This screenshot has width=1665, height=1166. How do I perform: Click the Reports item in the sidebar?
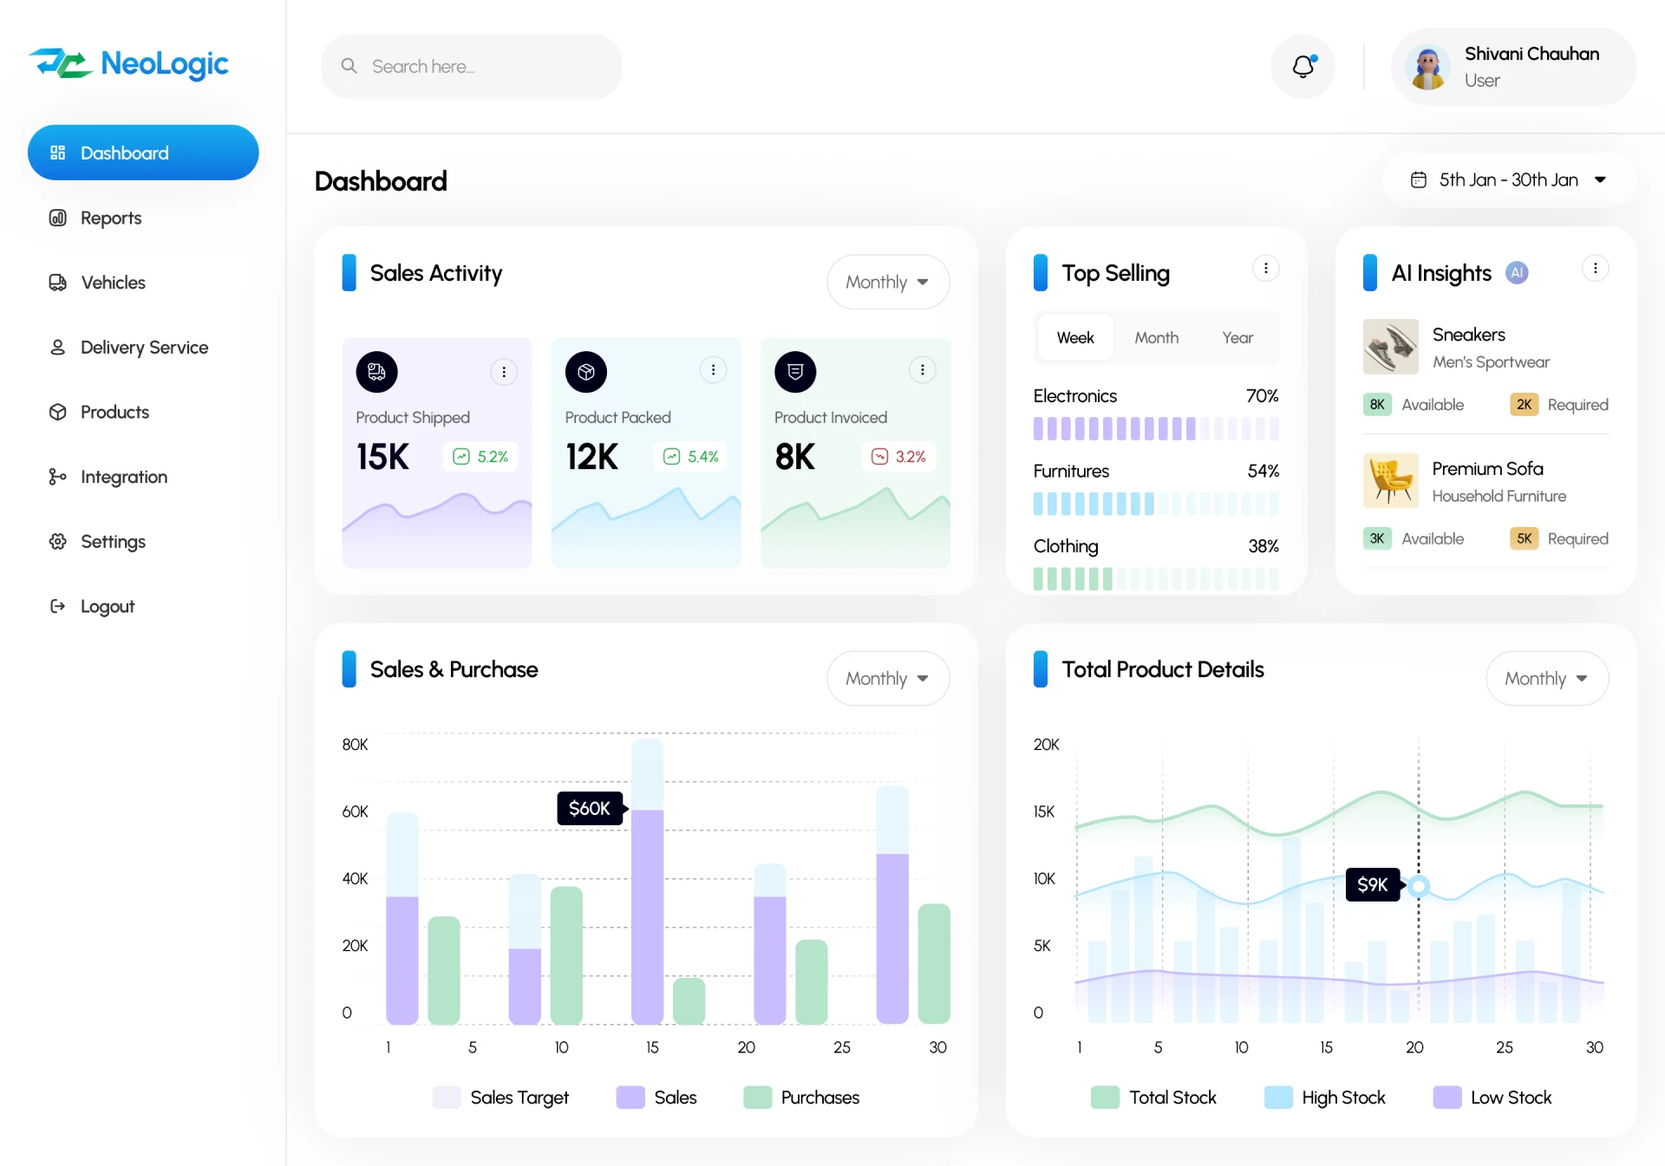point(110,218)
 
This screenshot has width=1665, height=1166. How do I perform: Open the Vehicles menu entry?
point(113,283)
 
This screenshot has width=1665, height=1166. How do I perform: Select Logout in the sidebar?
point(107,607)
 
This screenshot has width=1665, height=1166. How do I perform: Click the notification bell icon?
point(1303,67)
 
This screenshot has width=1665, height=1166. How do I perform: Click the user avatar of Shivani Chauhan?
point(1427,68)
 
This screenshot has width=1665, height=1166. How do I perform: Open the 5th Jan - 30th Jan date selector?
point(1509,180)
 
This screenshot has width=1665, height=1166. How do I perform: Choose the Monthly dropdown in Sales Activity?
point(887,283)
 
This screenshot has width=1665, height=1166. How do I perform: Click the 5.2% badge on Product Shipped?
point(481,457)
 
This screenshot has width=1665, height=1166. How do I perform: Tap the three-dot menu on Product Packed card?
point(713,371)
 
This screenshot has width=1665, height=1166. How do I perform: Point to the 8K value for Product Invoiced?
point(795,457)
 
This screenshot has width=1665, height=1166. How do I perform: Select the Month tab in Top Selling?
point(1156,338)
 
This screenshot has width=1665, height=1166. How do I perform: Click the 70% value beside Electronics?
point(1262,396)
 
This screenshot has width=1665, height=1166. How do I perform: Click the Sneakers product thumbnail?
point(1390,347)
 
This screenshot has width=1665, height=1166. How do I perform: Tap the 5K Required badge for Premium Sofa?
point(1524,539)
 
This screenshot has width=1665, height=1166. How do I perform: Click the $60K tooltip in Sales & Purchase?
point(590,809)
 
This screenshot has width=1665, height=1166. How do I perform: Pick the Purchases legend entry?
point(802,1098)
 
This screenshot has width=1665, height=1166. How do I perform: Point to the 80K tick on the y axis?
point(355,745)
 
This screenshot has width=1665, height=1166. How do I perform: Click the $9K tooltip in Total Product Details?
point(1372,885)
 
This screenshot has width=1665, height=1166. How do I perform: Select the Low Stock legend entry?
point(1492,1098)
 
